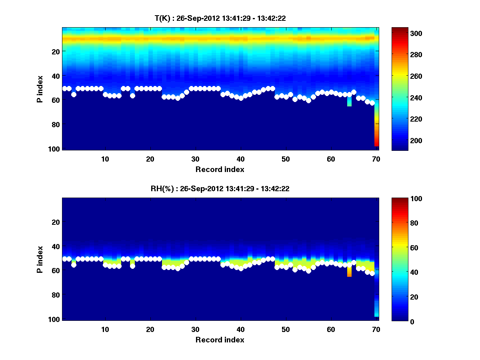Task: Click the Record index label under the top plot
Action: tap(220, 169)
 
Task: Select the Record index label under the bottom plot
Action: tap(220, 340)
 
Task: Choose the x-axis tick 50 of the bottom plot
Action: tap(286, 329)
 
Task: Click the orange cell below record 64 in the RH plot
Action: tap(349, 272)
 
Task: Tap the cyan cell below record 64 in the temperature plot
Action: tap(349, 101)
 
